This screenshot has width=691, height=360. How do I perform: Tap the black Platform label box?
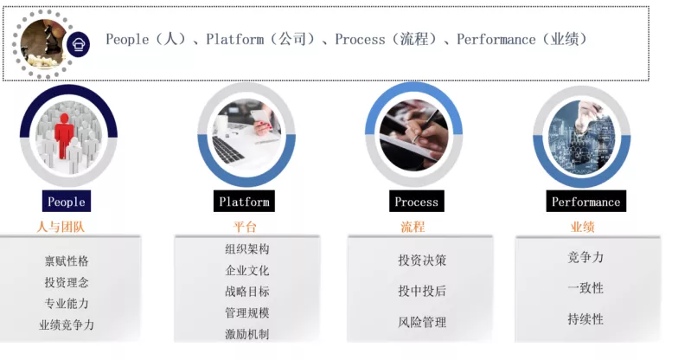(244, 201)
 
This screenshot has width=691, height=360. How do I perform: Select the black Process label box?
(417, 201)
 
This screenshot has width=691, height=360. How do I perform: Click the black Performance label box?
(585, 201)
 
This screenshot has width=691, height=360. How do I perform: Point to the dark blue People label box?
(67, 201)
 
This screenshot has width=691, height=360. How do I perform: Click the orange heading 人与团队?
(61, 227)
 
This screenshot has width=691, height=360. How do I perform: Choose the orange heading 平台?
(245, 227)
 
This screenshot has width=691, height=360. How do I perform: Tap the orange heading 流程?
(413, 227)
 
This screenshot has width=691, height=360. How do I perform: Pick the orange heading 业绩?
(583, 227)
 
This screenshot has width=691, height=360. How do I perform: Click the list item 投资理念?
(67, 282)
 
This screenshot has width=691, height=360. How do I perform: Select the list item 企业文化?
(247, 270)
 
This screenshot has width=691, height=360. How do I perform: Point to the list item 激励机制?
(247, 334)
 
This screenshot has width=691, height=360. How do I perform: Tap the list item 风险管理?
(422, 322)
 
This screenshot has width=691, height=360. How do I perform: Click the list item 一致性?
(585, 288)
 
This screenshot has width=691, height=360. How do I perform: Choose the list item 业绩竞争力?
(67, 325)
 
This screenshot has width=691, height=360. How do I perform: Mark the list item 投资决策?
(422, 260)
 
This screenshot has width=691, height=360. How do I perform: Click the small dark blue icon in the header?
(79, 43)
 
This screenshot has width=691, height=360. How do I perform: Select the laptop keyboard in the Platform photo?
(227, 149)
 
